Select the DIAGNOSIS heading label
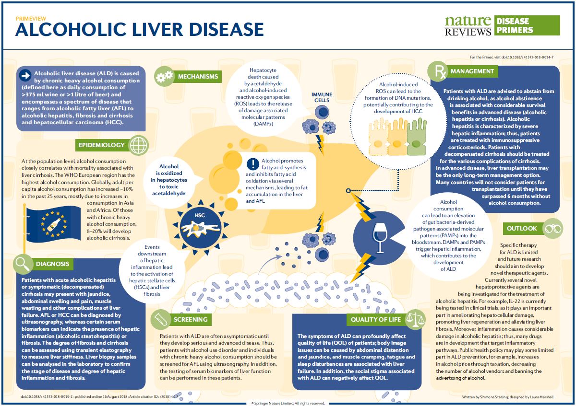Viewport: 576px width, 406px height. click(52, 263)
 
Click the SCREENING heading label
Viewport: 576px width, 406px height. click(191, 319)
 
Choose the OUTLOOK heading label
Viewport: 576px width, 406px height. click(522, 228)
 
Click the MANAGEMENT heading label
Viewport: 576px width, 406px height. click(472, 71)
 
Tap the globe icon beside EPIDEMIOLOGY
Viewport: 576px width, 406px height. click(139, 145)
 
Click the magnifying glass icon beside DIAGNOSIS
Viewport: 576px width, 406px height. click(22, 263)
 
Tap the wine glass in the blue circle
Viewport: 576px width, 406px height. click(379, 238)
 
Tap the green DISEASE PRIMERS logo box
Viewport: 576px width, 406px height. click(526, 25)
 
